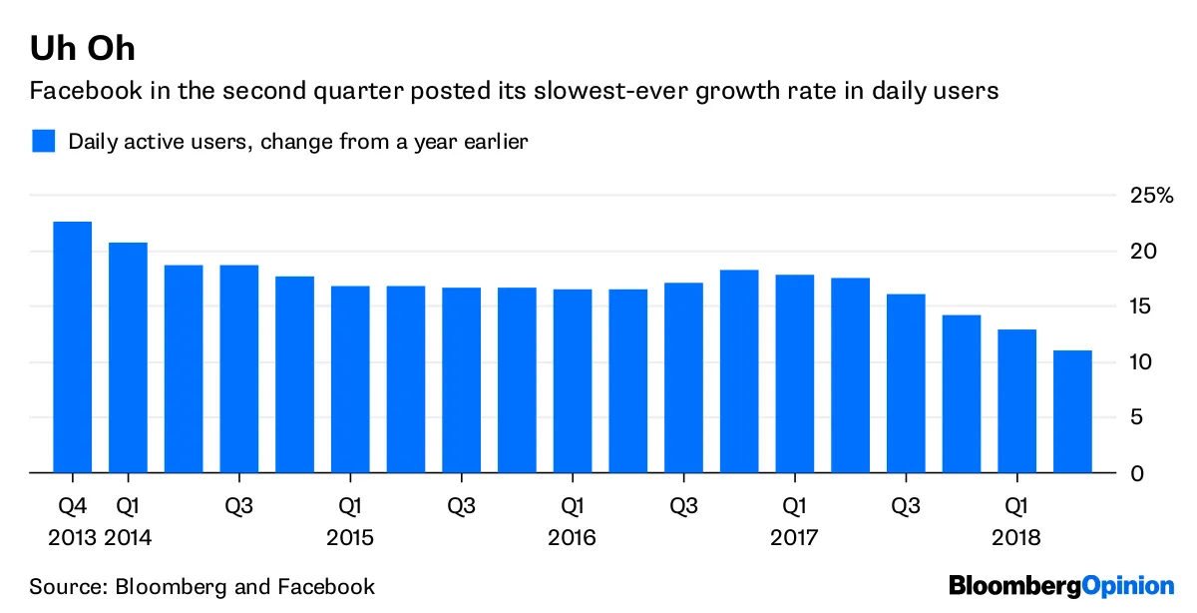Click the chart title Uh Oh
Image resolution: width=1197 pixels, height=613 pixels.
pyautogui.click(x=82, y=47)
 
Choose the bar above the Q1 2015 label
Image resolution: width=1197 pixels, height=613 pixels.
pyautogui.click(x=350, y=378)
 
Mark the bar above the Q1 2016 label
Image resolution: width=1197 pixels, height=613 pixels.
pyautogui.click(x=573, y=380)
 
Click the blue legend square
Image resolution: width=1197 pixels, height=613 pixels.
pyautogui.click(x=43, y=141)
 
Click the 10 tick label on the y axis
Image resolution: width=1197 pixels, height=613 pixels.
pyautogui.click(x=1142, y=361)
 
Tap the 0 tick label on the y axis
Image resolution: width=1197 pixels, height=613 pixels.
pyautogui.click(x=1136, y=472)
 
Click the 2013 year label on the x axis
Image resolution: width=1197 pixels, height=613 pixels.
pyautogui.click(x=72, y=538)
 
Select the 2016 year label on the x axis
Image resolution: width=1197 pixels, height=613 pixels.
pyautogui.click(x=572, y=538)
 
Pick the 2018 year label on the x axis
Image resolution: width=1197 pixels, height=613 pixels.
pyautogui.click(x=1015, y=538)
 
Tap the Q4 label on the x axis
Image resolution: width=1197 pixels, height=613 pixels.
pyautogui.click(x=72, y=505)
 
